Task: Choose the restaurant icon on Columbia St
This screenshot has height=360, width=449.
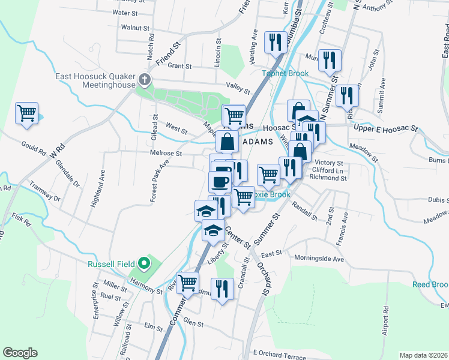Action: tap(276, 41)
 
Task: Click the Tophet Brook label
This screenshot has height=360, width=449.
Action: tap(285, 74)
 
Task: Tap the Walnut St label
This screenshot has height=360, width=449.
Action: tap(134, 28)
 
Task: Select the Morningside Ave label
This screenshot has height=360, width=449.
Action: tap(319, 259)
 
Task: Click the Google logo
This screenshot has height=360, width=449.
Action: tap(20, 353)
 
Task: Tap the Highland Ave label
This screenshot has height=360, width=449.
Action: tap(95, 188)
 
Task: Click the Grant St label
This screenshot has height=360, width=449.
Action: tap(179, 66)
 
